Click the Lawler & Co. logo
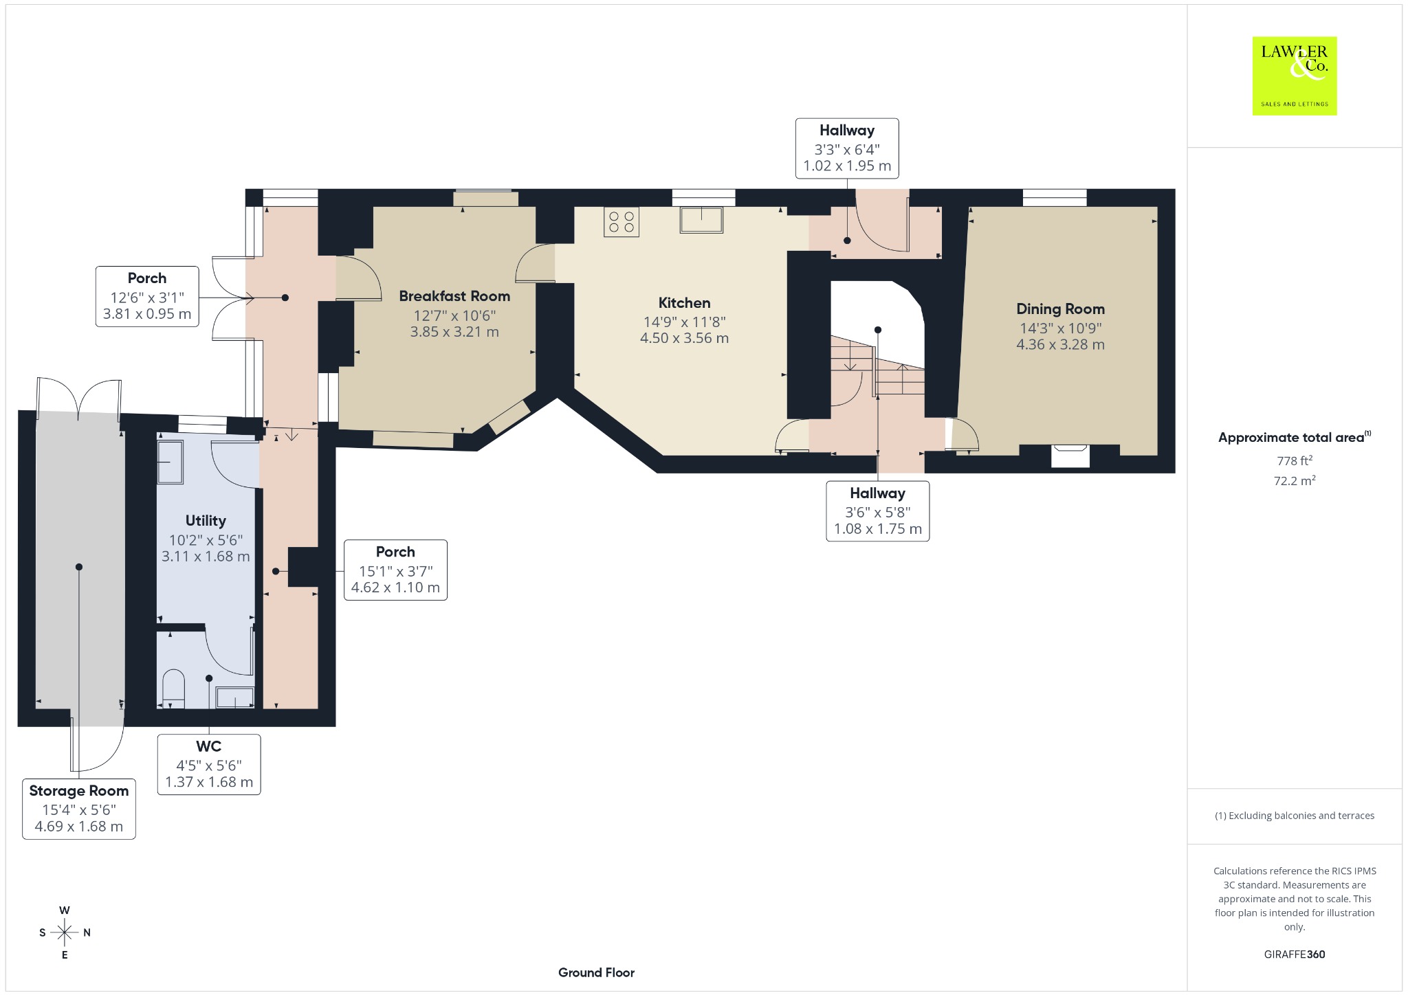coord(1295,76)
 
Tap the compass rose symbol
coord(65,932)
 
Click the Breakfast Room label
coord(454,296)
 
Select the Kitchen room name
coord(684,303)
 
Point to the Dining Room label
coord(1060,309)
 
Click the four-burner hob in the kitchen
coord(621,221)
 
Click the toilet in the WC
coord(173,689)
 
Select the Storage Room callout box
coord(79,809)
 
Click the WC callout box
coord(209,765)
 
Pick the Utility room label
coord(206,521)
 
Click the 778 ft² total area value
coord(1294,460)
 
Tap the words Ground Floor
coord(596,972)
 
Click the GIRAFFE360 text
coord(1295,954)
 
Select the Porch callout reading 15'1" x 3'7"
coord(395,570)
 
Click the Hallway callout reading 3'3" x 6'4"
coord(847,148)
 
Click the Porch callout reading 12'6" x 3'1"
coord(147,297)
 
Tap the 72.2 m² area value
coord(1295,480)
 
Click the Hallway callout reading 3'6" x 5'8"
coord(878,511)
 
